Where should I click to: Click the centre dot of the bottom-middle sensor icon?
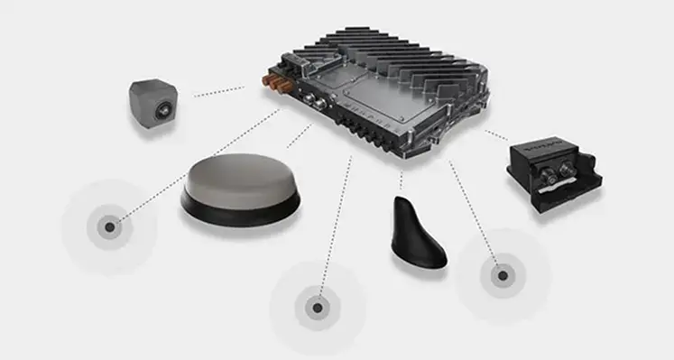click(x=318, y=308)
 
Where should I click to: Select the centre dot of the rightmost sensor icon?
click(x=501, y=274)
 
